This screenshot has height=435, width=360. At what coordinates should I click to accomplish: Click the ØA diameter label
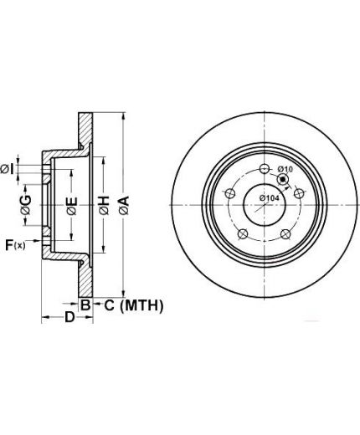pos(124,205)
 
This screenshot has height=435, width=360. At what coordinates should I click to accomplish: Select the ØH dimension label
pos(104,206)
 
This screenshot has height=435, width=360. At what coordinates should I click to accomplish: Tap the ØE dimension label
pos(72,206)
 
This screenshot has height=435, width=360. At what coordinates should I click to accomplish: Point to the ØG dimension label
pos(26,205)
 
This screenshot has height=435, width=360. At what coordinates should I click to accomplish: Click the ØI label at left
pos(8,169)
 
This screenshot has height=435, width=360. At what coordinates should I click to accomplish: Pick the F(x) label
pos(15,245)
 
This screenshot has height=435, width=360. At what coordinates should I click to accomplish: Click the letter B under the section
pos(85,304)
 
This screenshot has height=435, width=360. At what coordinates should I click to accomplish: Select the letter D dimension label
pos(70,317)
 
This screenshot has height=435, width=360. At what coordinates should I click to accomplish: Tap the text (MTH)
pos(141,305)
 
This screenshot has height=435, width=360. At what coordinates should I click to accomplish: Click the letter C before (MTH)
pos(110,305)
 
